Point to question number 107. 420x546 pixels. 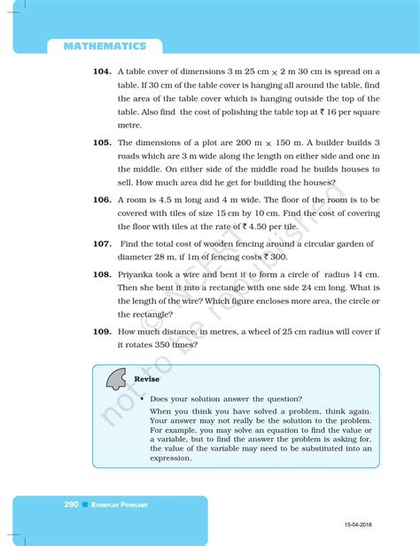100,243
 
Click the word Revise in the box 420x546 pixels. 146,379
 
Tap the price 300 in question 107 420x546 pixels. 278,257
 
